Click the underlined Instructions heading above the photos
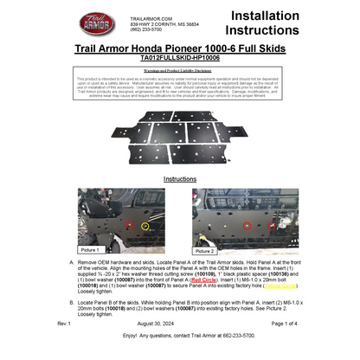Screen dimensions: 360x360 (x=180, y=179)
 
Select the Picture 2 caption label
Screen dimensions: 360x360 (x=205, y=250)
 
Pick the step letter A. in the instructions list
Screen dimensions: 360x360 (x=70, y=260)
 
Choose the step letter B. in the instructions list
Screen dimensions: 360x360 (x=70, y=302)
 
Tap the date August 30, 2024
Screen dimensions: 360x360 (x=180, y=322)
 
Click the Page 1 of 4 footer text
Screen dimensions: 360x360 (x=284, y=322)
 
